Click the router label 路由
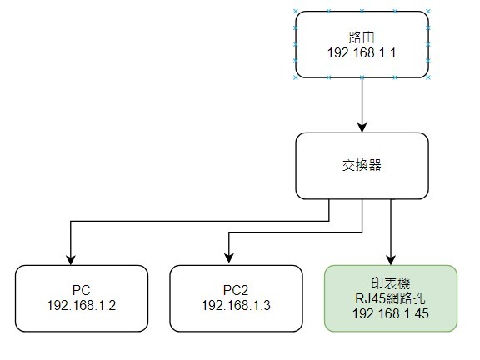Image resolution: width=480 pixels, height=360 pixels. [x=362, y=37]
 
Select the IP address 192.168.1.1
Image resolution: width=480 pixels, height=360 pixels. [x=362, y=53]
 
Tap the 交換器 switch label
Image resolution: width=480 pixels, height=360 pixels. [x=362, y=165]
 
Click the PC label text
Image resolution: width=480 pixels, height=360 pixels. [x=81, y=290]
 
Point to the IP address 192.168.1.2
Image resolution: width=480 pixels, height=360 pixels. [x=81, y=305]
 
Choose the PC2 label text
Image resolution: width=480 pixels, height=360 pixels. [x=236, y=290]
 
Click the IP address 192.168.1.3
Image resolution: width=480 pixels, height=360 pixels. [x=236, y=305]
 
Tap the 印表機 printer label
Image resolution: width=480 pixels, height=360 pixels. [x=391, y=283]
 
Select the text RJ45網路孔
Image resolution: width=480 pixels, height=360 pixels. [x=391, y=298]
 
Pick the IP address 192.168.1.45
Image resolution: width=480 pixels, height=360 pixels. [x=391, y=313]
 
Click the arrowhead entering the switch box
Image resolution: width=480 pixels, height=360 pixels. [x=362, y=127]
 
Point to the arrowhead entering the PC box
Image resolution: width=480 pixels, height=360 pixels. [x=71, y=260]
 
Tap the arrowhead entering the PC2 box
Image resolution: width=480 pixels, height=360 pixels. [x=229, y=258]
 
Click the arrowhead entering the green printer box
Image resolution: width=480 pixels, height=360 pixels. [x=391, y=260]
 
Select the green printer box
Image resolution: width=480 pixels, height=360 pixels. [x=391, y=298]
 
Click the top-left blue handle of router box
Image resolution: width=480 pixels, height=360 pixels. [x=295, y=12]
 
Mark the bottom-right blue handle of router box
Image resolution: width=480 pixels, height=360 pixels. [x=428, y=77]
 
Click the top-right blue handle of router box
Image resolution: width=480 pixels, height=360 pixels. [x=428, y=12]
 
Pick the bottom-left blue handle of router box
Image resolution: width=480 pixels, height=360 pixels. [x=295, y=77]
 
